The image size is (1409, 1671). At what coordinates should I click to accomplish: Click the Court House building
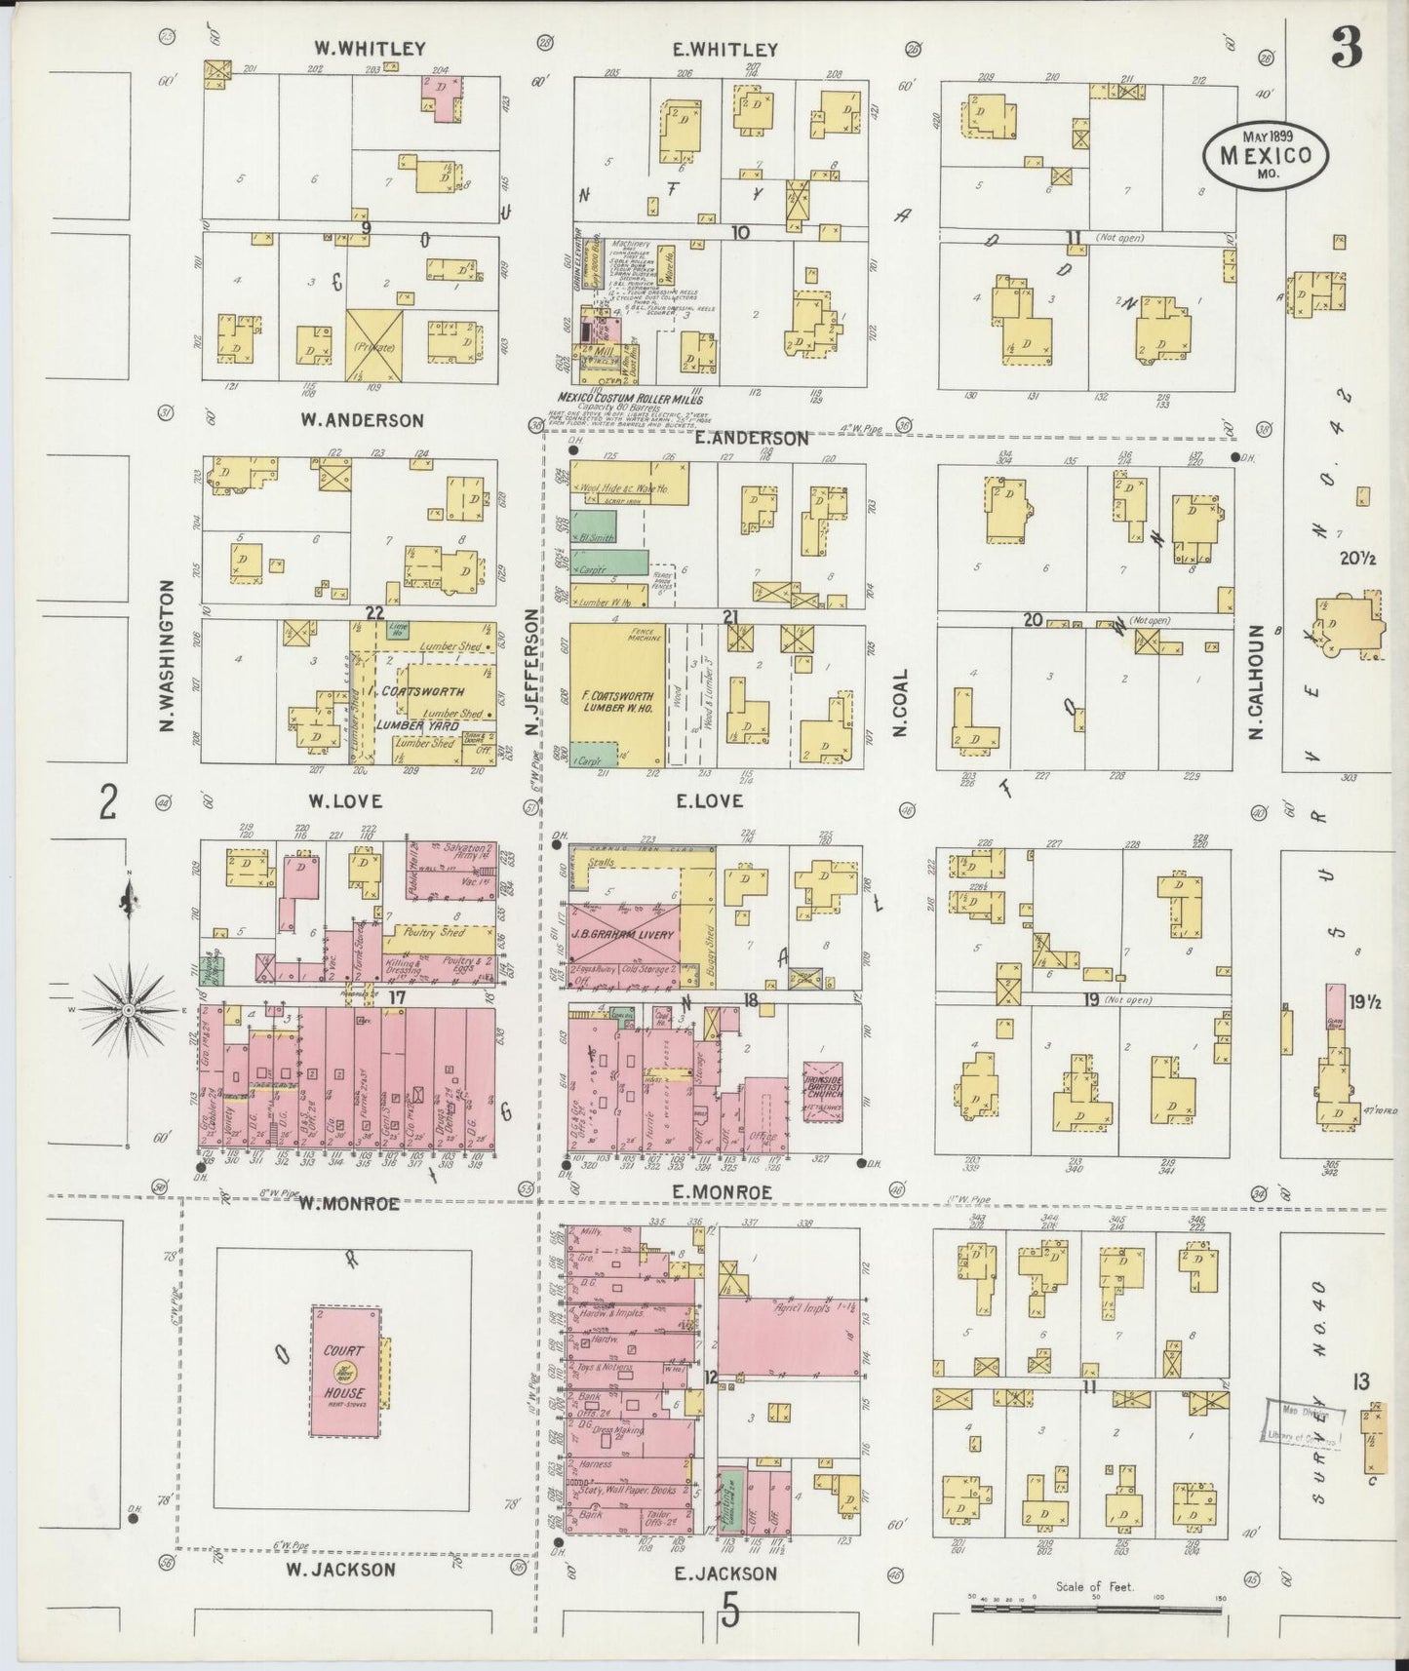(346, 1371)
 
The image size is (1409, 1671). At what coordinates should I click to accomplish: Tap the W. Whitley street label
(357, 48)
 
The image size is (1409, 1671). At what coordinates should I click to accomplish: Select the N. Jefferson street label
(531, 674)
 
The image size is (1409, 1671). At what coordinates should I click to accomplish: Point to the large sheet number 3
(1347, 48)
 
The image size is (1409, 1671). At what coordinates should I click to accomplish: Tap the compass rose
(128, 1011)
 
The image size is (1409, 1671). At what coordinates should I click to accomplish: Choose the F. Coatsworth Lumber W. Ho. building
(616, 695)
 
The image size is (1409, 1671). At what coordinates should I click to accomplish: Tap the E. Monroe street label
(722, 1192)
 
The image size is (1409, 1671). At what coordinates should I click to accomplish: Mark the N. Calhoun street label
(1256, 681)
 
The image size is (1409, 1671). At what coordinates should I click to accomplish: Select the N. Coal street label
(899, 703)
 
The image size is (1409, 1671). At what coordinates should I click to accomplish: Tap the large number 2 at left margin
(108, 802)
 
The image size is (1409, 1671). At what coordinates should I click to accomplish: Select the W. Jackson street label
(341, 1570)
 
